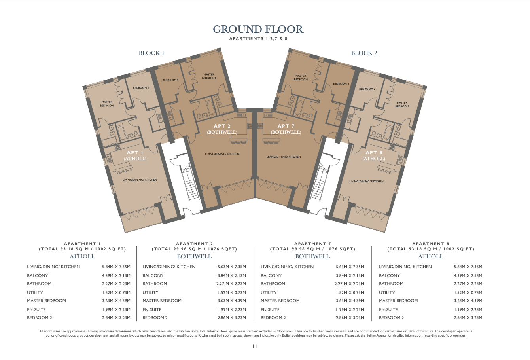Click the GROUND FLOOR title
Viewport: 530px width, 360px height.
[258, 29]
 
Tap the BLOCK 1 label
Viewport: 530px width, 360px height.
[151, 53]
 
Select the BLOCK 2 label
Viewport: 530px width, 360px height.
[364, 53]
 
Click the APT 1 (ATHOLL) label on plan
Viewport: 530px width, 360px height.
[135, 155]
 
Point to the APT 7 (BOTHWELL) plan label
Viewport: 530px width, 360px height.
[286, 129]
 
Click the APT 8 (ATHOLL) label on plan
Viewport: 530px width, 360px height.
[374, 155]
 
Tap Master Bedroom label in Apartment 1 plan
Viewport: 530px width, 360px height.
[107, 104]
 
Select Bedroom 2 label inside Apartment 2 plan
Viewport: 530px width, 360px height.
[170, 80]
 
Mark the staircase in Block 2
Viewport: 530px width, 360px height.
[318, 182]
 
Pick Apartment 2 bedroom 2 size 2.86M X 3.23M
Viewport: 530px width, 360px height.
[231, 318]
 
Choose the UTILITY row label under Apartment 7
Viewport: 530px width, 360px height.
[269, 292]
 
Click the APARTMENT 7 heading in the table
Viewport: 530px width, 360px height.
[312, 244]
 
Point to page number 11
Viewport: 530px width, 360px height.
[254, 346]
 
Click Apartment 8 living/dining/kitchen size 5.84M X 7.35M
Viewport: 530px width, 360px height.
[468, 267]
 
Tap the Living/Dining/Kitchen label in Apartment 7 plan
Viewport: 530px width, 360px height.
[284, 157]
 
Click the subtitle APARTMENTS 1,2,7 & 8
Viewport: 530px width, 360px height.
[258, 39]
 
